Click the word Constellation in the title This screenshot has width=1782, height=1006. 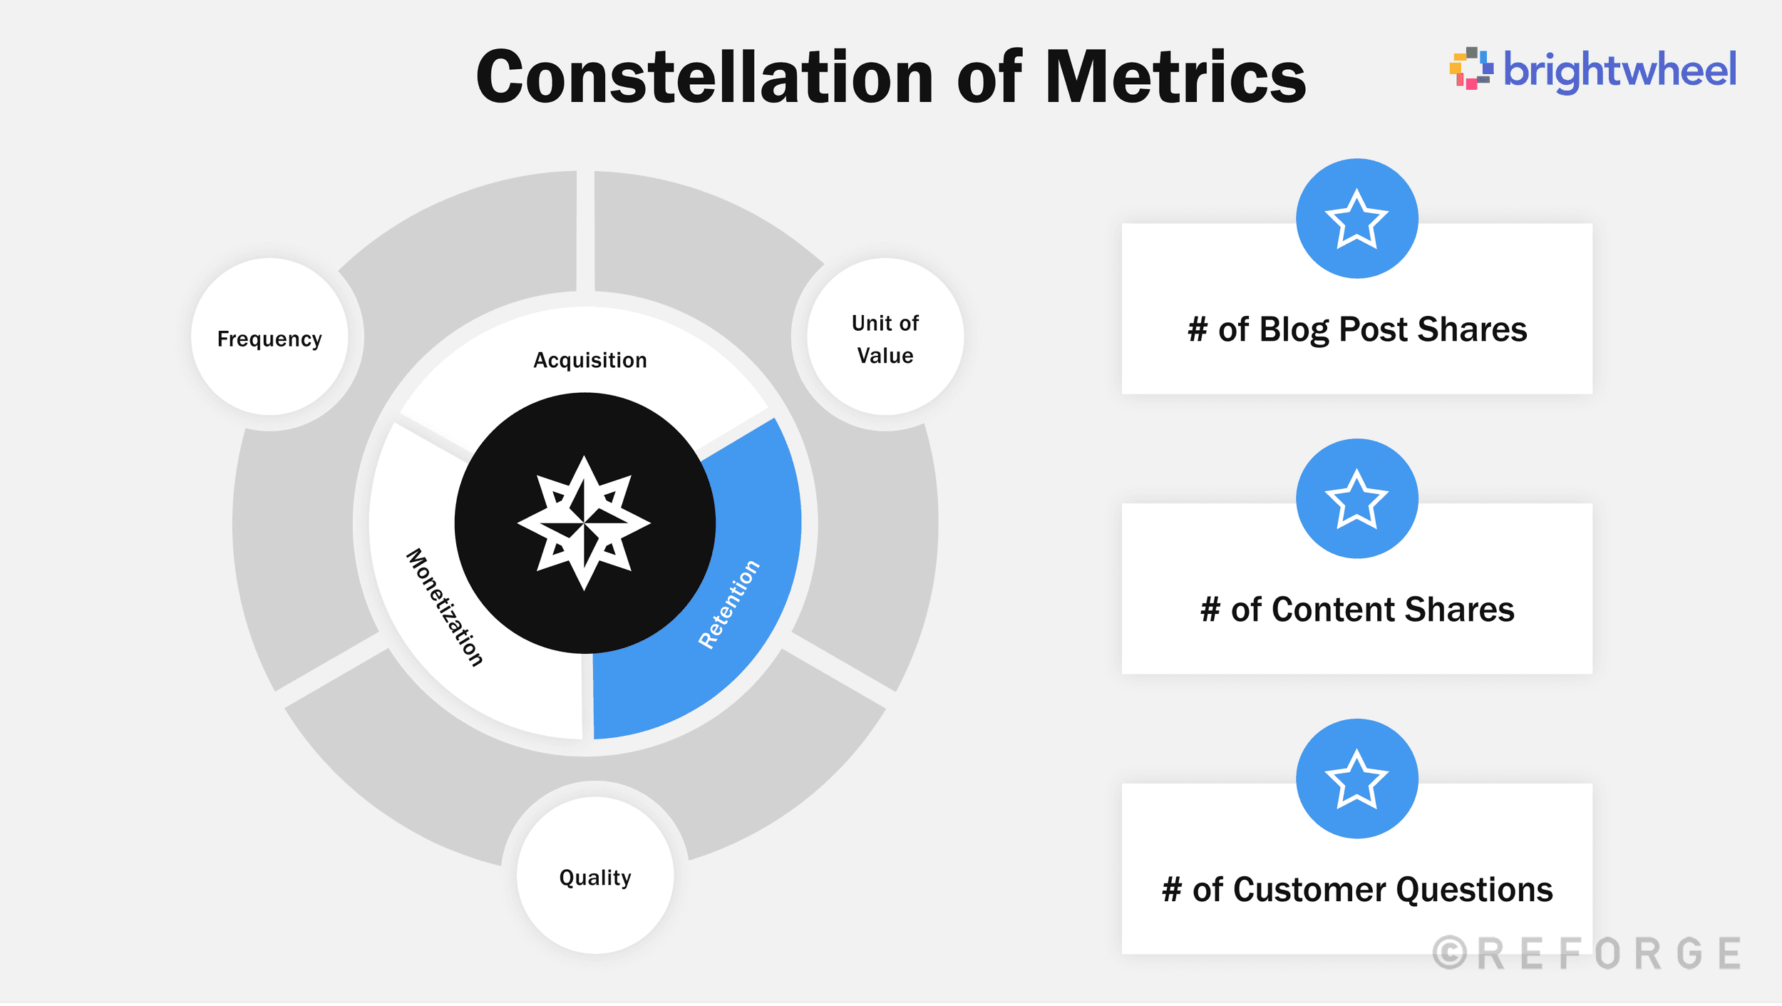(704, 77)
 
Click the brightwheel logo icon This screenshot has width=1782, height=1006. (1471, 68)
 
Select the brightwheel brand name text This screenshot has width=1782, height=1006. (1619, 70)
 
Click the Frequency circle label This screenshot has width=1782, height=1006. (269, 339)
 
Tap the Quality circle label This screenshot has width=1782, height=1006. (595, 877)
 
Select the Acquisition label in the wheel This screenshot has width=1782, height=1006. (590, 360)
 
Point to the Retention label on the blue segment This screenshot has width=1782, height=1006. (728, 605)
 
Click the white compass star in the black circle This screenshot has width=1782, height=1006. (584, 523)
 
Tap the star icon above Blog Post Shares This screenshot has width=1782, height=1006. (1356, 219)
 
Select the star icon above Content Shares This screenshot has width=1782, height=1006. (1356, 499)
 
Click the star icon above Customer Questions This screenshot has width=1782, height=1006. (1356, 779)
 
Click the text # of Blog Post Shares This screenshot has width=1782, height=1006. (1357, 329)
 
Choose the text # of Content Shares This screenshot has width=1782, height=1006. (1357, 610)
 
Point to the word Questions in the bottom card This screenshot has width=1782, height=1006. (1474, 890)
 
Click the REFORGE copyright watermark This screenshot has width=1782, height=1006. (1587, 954)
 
